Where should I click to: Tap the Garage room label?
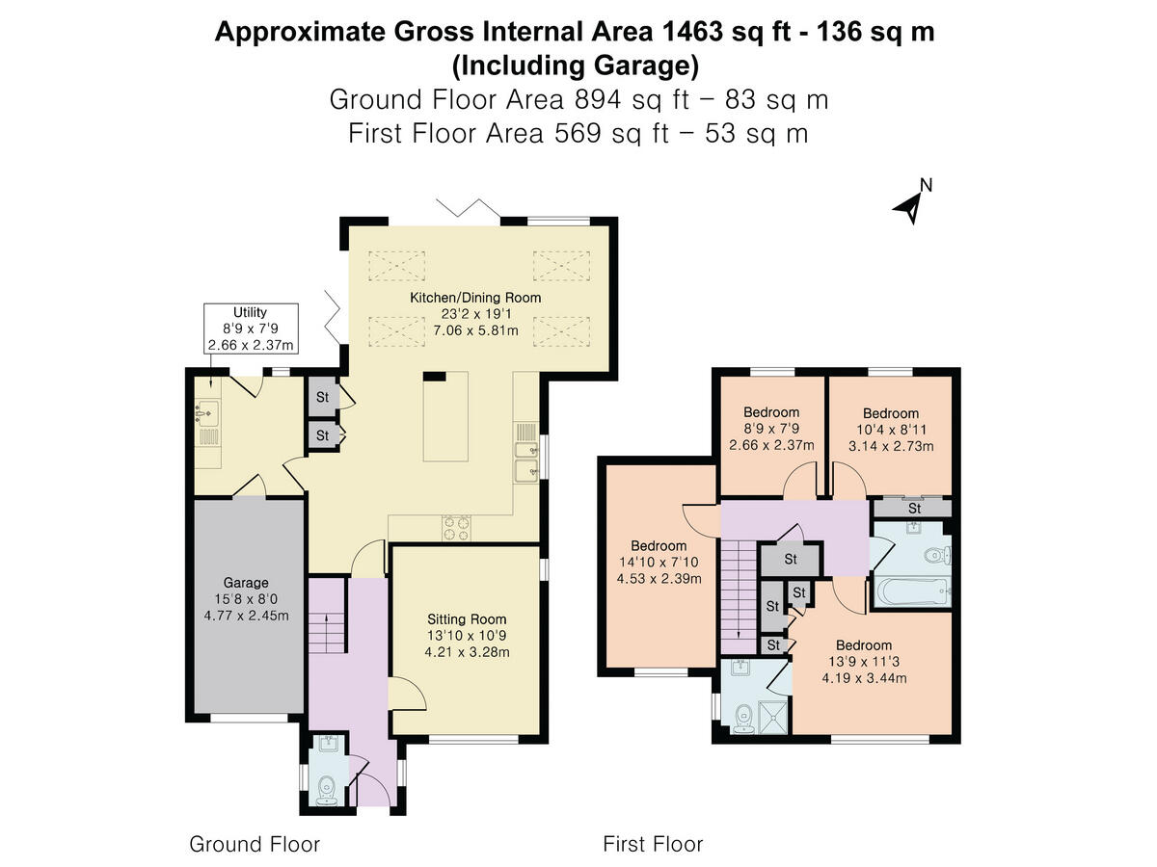click(x=246, y=583)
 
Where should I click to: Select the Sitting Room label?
click(x=467, y=619)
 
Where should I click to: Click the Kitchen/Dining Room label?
click(x=475, y=298)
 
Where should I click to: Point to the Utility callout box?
click(x=251, y=328)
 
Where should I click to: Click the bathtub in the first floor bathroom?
click(x=912, y=591)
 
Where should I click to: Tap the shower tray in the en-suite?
click(x=772, y=717)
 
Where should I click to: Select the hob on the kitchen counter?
click(x=456, y=528)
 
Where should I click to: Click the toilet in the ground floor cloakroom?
click(x=327, y=790)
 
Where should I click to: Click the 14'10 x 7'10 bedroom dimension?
click(x=659, y=562)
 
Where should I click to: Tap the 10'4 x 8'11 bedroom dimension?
click(x=891, y=430)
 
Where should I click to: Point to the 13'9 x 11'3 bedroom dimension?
click(x=863, y=661)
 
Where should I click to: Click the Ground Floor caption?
click(x=255, y=845)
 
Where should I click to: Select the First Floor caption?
click(x=653, y=845)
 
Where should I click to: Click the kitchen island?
click(x=445, y=416)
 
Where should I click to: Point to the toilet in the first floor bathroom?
click(x=938, y=555)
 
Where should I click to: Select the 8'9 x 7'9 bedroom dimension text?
click(x=771, y=429)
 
